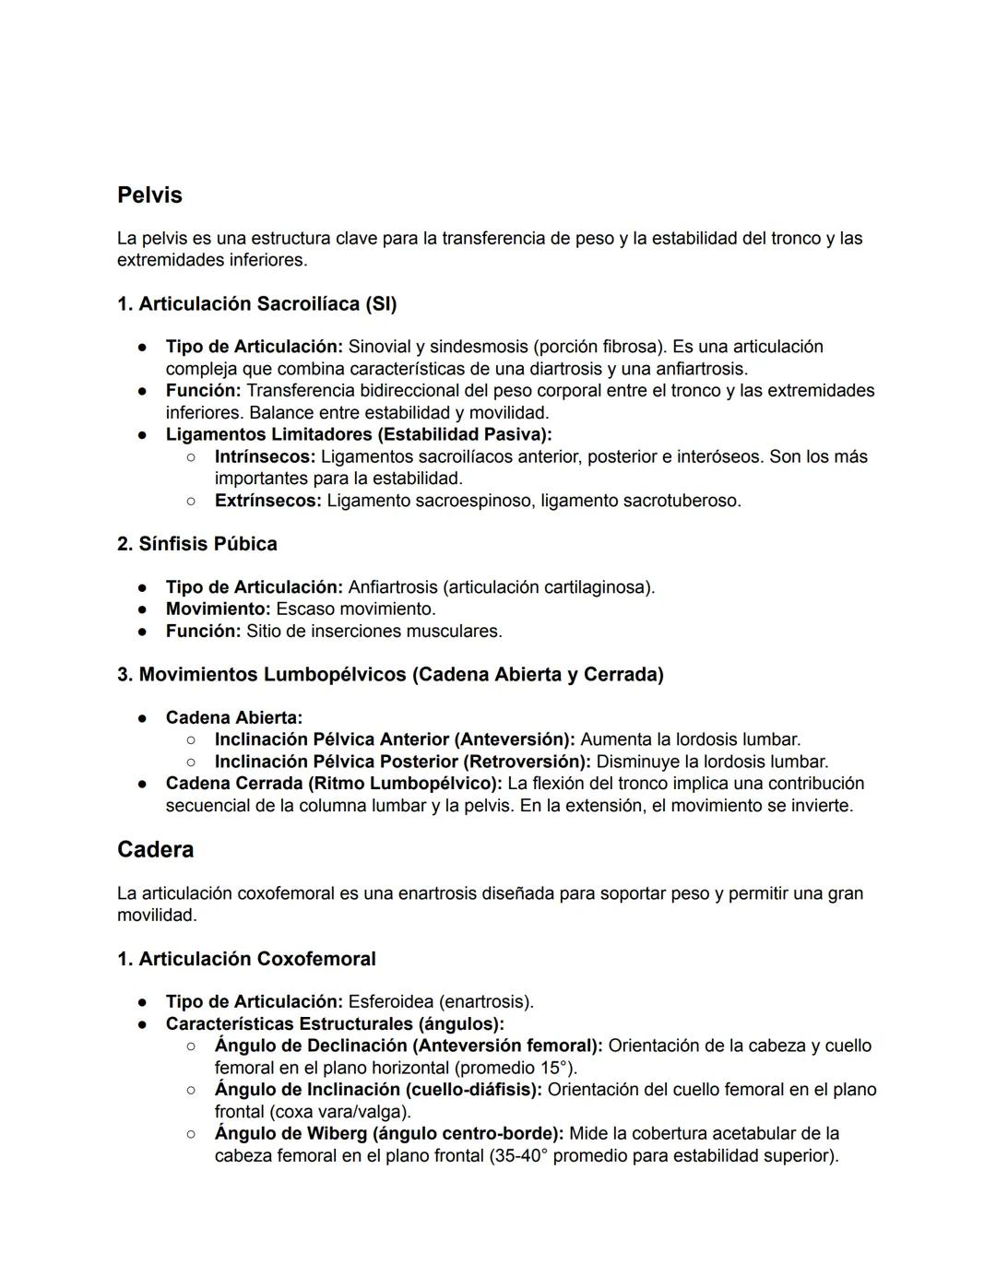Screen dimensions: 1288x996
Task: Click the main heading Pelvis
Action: [x=149, y=195]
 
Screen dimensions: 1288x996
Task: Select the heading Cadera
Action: [x=155, y=849]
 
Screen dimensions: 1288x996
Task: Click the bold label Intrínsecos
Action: [x=265, y=456]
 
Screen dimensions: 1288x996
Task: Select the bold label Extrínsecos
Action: [x=267, y=501]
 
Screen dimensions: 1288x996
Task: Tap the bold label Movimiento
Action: [x=218, y=609]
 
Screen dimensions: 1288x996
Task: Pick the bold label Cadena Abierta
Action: [x=233, y=717]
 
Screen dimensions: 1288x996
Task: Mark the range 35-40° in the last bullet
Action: [x=523, y=1155]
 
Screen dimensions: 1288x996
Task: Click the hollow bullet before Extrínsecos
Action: [x=190, y=501]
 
